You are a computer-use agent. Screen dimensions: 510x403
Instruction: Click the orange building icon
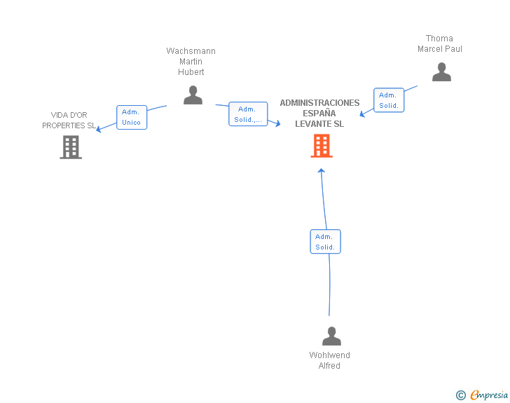coord(322,146)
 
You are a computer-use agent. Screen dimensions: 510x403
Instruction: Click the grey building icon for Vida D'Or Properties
coord(71,147)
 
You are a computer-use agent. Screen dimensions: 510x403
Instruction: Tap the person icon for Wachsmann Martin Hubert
coord(193,95)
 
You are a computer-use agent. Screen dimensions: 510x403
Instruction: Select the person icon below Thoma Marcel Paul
coord(441,72)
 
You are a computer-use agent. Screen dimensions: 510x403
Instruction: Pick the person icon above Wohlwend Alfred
coord(331,336)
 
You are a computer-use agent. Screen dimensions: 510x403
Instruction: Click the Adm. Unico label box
coord(132,117)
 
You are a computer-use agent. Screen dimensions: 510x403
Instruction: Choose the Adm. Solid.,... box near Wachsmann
coord(248,114)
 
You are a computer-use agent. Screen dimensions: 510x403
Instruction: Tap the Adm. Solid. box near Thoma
coord(389,100)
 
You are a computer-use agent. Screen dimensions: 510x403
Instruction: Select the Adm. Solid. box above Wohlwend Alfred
coord(325,242)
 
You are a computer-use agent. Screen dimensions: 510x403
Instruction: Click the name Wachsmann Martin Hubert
coord(191,62)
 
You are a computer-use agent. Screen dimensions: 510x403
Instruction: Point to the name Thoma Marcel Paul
coord(440,43)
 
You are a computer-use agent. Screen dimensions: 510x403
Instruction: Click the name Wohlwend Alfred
coord(329,360)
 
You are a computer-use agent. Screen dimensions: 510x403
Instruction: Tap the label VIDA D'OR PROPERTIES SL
coord(69,120)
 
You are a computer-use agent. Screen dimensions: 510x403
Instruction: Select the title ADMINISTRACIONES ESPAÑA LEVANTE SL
coord(319,114)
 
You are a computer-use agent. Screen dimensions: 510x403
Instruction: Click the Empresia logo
coord(489,395)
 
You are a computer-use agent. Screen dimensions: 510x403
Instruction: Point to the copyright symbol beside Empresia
coord(460,395)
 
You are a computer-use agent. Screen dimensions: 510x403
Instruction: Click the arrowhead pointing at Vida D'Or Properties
coord(99,129)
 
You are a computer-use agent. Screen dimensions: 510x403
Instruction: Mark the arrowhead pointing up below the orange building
coord(322,170)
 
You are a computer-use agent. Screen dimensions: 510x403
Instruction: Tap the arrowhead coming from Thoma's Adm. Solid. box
coord(362,114)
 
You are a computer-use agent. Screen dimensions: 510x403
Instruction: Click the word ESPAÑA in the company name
coord(319,114)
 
